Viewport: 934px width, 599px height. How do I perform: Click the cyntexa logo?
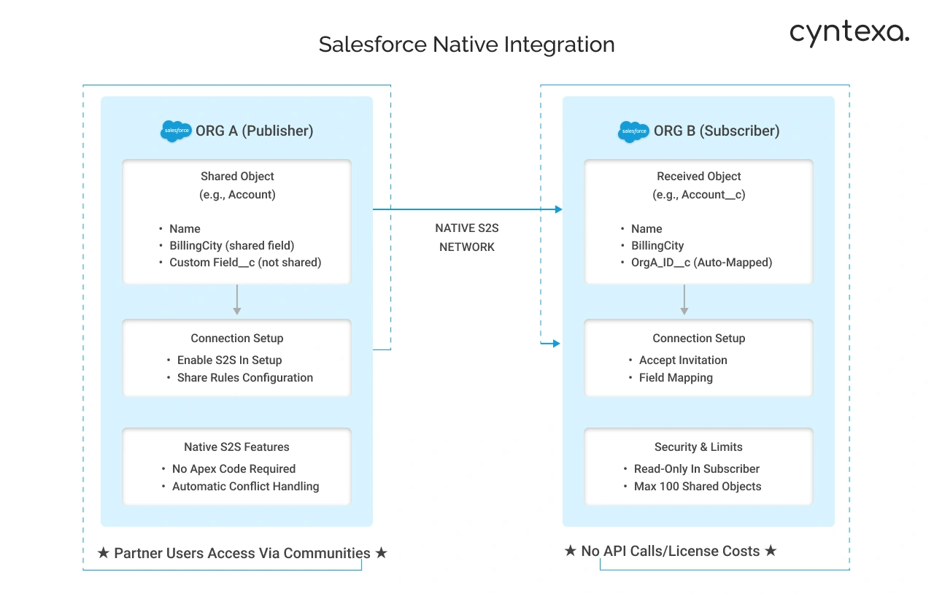(849, 33)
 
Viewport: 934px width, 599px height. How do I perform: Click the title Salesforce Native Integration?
(466, 45)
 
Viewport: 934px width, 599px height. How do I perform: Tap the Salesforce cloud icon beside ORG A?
(176, 131)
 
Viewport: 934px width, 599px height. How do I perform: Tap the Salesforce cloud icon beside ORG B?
(633, 131)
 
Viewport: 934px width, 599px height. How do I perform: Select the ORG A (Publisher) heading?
(254, 131)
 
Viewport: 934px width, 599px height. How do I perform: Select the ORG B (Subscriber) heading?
(716, 131)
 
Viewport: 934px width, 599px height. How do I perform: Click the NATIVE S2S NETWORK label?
(467, 238)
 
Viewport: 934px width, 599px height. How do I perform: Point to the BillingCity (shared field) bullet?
(231, 246)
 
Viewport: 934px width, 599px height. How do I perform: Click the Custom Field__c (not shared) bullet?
(245, 263)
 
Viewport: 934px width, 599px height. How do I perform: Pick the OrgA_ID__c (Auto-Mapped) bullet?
(701, 263)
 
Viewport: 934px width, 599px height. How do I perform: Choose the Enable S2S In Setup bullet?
(229, 360)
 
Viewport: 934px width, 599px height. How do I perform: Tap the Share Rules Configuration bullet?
(244, 378)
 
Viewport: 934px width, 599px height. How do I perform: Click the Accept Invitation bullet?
(683, 360)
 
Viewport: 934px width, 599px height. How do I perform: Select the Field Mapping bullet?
(676, 378)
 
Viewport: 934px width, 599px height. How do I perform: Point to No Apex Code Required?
(233, 469)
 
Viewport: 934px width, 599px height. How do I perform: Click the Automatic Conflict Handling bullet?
(245, 487)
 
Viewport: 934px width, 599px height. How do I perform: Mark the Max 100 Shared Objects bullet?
(697, 487)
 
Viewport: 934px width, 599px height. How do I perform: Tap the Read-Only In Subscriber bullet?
(696, 469)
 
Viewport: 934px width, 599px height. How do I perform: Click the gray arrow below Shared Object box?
(236, 300)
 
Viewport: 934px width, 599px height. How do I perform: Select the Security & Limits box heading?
(698, 447)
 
